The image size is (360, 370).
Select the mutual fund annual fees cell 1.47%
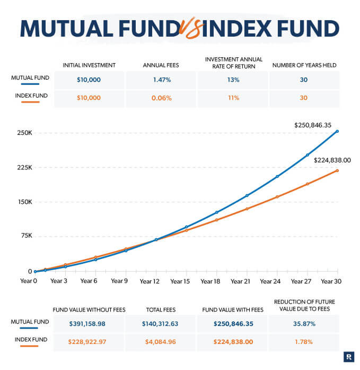coord(161,80)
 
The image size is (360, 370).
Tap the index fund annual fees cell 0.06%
coord(161,98)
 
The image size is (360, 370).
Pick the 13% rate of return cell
coord(233,80)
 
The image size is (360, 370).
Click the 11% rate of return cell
coord(233,98)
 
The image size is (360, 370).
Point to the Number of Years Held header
coord(304,65)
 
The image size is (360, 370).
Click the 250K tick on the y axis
coord(25,133)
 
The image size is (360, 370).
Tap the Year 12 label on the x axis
coord(150,281)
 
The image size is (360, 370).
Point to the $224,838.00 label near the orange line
coord(333,160)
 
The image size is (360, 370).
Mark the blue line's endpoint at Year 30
coord(337,131)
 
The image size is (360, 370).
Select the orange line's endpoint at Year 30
coord(337,170)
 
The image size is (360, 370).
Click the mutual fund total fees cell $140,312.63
coord(161,323)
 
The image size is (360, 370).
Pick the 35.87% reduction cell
coord(304,323)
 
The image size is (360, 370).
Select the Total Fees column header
coord(161,309)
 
